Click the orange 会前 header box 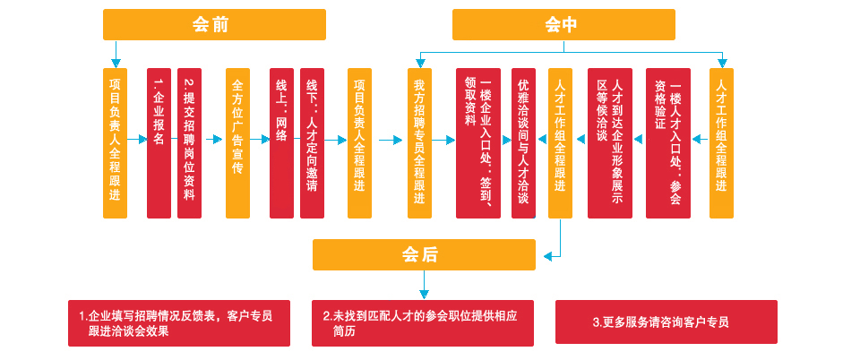tap(214, 24)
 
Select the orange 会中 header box tap(563, 24)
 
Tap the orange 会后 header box tap(424, 255)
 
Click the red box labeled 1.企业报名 tap(159, 143)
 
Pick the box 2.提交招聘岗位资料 tap(189, 143)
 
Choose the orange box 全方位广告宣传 tap(237, 143)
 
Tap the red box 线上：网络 tap(281, 143)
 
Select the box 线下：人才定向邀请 tap(312, 143)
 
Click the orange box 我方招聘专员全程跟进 tap(419, 143)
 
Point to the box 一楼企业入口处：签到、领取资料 tap(478, 143)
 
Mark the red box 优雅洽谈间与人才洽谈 tap(523, 143)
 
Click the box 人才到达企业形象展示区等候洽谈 tap(609, 143)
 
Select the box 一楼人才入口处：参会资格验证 tap(667, 143)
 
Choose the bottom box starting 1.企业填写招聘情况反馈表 tap(179, 322)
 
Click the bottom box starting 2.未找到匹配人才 tap(424, 322)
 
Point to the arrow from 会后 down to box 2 tap(424, 285)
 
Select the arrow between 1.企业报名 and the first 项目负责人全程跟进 tap(136, 139)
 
